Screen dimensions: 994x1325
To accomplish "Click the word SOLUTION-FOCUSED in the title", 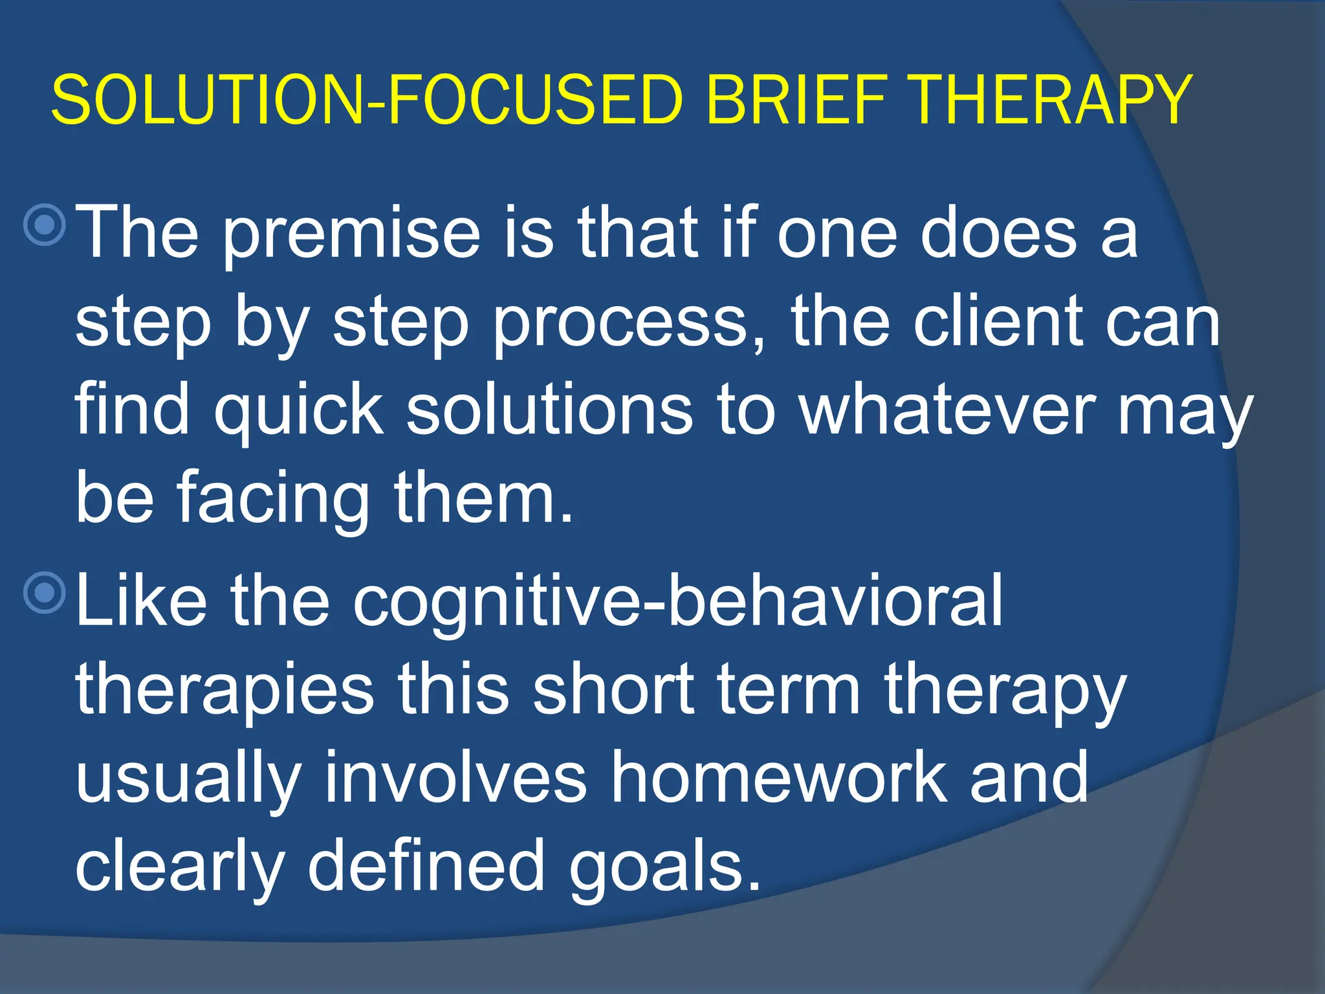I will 367,100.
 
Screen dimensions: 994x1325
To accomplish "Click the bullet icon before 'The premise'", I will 45,225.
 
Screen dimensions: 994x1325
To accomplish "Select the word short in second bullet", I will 613,689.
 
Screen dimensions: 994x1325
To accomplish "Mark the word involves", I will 455,777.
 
